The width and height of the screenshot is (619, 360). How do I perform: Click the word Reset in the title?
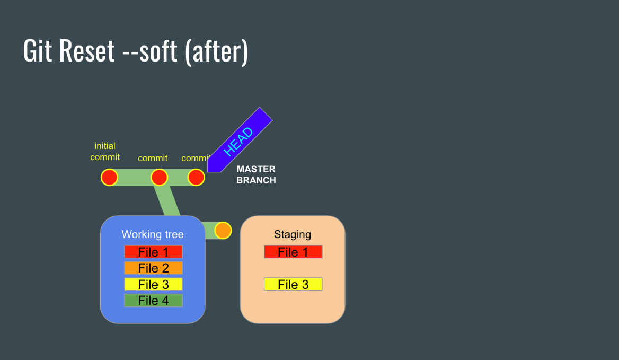(x=87, y=52)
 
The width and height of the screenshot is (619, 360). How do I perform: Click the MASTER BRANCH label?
(x=256, y=175)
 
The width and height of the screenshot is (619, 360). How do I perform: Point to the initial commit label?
(x=105, y=152)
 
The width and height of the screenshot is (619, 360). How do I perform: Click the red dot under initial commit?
(x=109, y=177)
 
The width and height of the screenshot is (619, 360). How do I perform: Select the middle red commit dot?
(x=159, y=177)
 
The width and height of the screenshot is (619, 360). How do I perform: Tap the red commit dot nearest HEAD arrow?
(x=196, y=177)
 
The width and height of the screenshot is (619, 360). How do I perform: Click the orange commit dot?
(x=223, y=231)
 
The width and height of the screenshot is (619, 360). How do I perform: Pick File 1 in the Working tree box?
(x=153, y=252)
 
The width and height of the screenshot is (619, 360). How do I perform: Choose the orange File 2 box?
(x=153, y=268)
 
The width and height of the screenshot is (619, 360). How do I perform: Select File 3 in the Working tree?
(x=153, y=284)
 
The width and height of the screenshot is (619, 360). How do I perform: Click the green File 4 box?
(x=153, y=301)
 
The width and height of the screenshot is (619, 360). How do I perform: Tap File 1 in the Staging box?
(x=293, y=252)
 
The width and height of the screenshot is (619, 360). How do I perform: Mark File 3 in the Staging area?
(x=293, y=284)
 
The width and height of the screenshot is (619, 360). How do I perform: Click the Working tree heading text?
(x=153, y=234)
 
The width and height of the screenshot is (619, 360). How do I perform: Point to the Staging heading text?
(x=293, y=234)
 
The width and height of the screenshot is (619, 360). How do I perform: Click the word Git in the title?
(x=38, y=52)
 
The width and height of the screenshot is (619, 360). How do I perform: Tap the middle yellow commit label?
(x=153, y=158)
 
